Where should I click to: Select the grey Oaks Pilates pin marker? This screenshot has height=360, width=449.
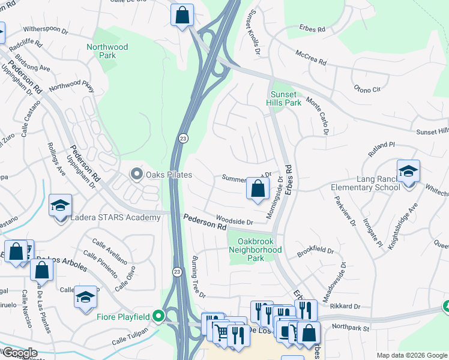click(x=136, y=175)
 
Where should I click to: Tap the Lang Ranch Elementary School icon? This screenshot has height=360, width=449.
click(x=408, y=172)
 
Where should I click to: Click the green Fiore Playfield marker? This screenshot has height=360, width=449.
click(x=158, y=316)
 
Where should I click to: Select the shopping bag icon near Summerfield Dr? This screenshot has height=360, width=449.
click(x=257, y=190)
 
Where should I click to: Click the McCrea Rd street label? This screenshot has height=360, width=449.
click(x=310, y=58)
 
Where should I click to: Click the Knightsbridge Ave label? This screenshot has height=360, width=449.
click(x=403, y=227)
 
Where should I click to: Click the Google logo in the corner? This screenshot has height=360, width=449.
click(x=19, y=353)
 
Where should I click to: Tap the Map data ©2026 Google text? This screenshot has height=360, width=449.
click(x=411, y=355)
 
